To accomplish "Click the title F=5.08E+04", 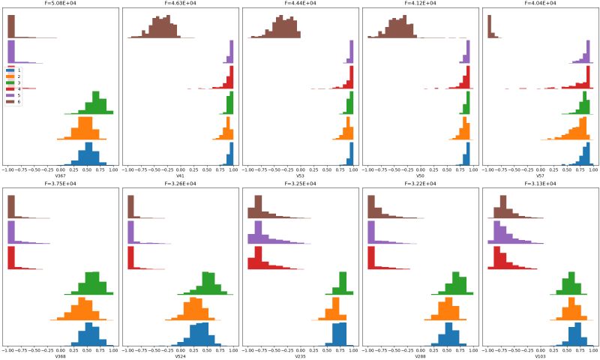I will click(x=60, y=4).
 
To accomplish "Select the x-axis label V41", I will click(x=180, y=176).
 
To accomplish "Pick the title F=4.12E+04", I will click(x=420, y=4).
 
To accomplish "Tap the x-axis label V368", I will click(x=60, y=356).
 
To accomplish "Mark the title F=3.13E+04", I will click(x=540, y=184).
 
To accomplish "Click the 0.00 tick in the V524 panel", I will click(x=180, y=349).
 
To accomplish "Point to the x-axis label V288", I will click(x=420, y=356).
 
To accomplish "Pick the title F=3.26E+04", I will click(x=180, y=184).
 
